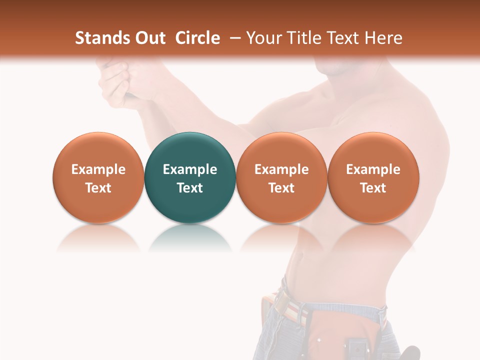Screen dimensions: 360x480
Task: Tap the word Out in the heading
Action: tap(149, 38)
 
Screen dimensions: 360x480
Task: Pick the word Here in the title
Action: tap(383, 38)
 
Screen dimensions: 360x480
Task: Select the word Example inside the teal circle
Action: tap(190, 169)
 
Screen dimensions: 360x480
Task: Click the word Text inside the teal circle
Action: tap(190, 188)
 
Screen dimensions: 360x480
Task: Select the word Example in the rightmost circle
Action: tap(373, 169)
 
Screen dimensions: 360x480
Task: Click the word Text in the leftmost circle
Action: tap(98, 188)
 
